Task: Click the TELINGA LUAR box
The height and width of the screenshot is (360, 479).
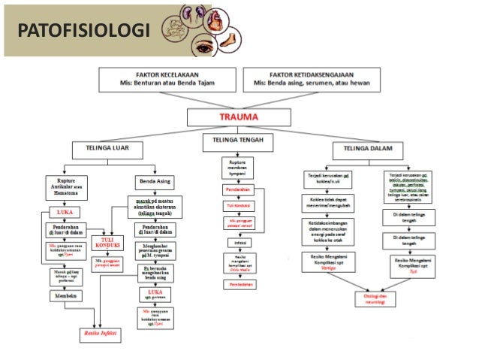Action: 101,150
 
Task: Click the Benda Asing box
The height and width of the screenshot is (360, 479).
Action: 155,181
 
